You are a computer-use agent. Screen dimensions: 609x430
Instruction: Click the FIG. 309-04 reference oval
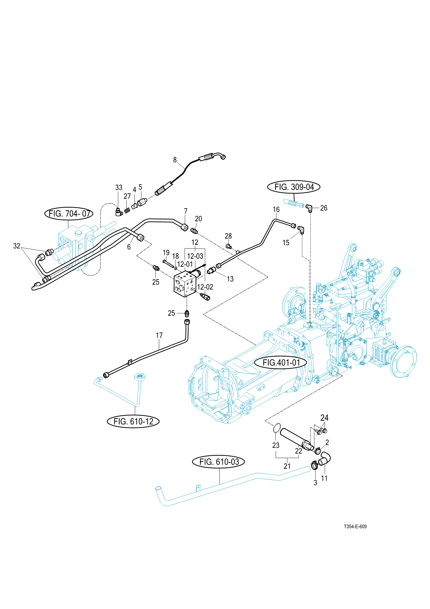pos(294,187)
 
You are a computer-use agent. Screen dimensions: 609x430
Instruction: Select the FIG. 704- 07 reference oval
pos(69,214)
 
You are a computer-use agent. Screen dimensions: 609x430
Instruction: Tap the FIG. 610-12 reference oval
pos(133,421)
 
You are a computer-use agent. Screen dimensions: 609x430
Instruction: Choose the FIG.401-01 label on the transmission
pos(281,363)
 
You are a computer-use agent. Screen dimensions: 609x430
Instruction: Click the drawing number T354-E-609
pos(355,526)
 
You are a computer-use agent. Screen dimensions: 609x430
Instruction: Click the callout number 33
pos(119,188)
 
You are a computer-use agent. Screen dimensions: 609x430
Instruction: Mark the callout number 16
pos(276,210)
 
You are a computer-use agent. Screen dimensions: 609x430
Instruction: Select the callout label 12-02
pos(205,287)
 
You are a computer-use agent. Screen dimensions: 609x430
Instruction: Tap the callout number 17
pos(159,335)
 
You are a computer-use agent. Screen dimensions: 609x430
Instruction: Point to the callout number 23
pos(276,445)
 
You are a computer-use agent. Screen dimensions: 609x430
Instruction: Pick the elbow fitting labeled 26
pos(309,208)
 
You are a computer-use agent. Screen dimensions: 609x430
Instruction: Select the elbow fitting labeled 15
pos(301,230)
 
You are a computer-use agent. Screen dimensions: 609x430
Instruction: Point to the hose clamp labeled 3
pos(314,465)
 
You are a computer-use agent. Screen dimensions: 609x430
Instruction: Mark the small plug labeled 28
pos(228,246)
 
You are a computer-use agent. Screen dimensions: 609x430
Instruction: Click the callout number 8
pos(175,160)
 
